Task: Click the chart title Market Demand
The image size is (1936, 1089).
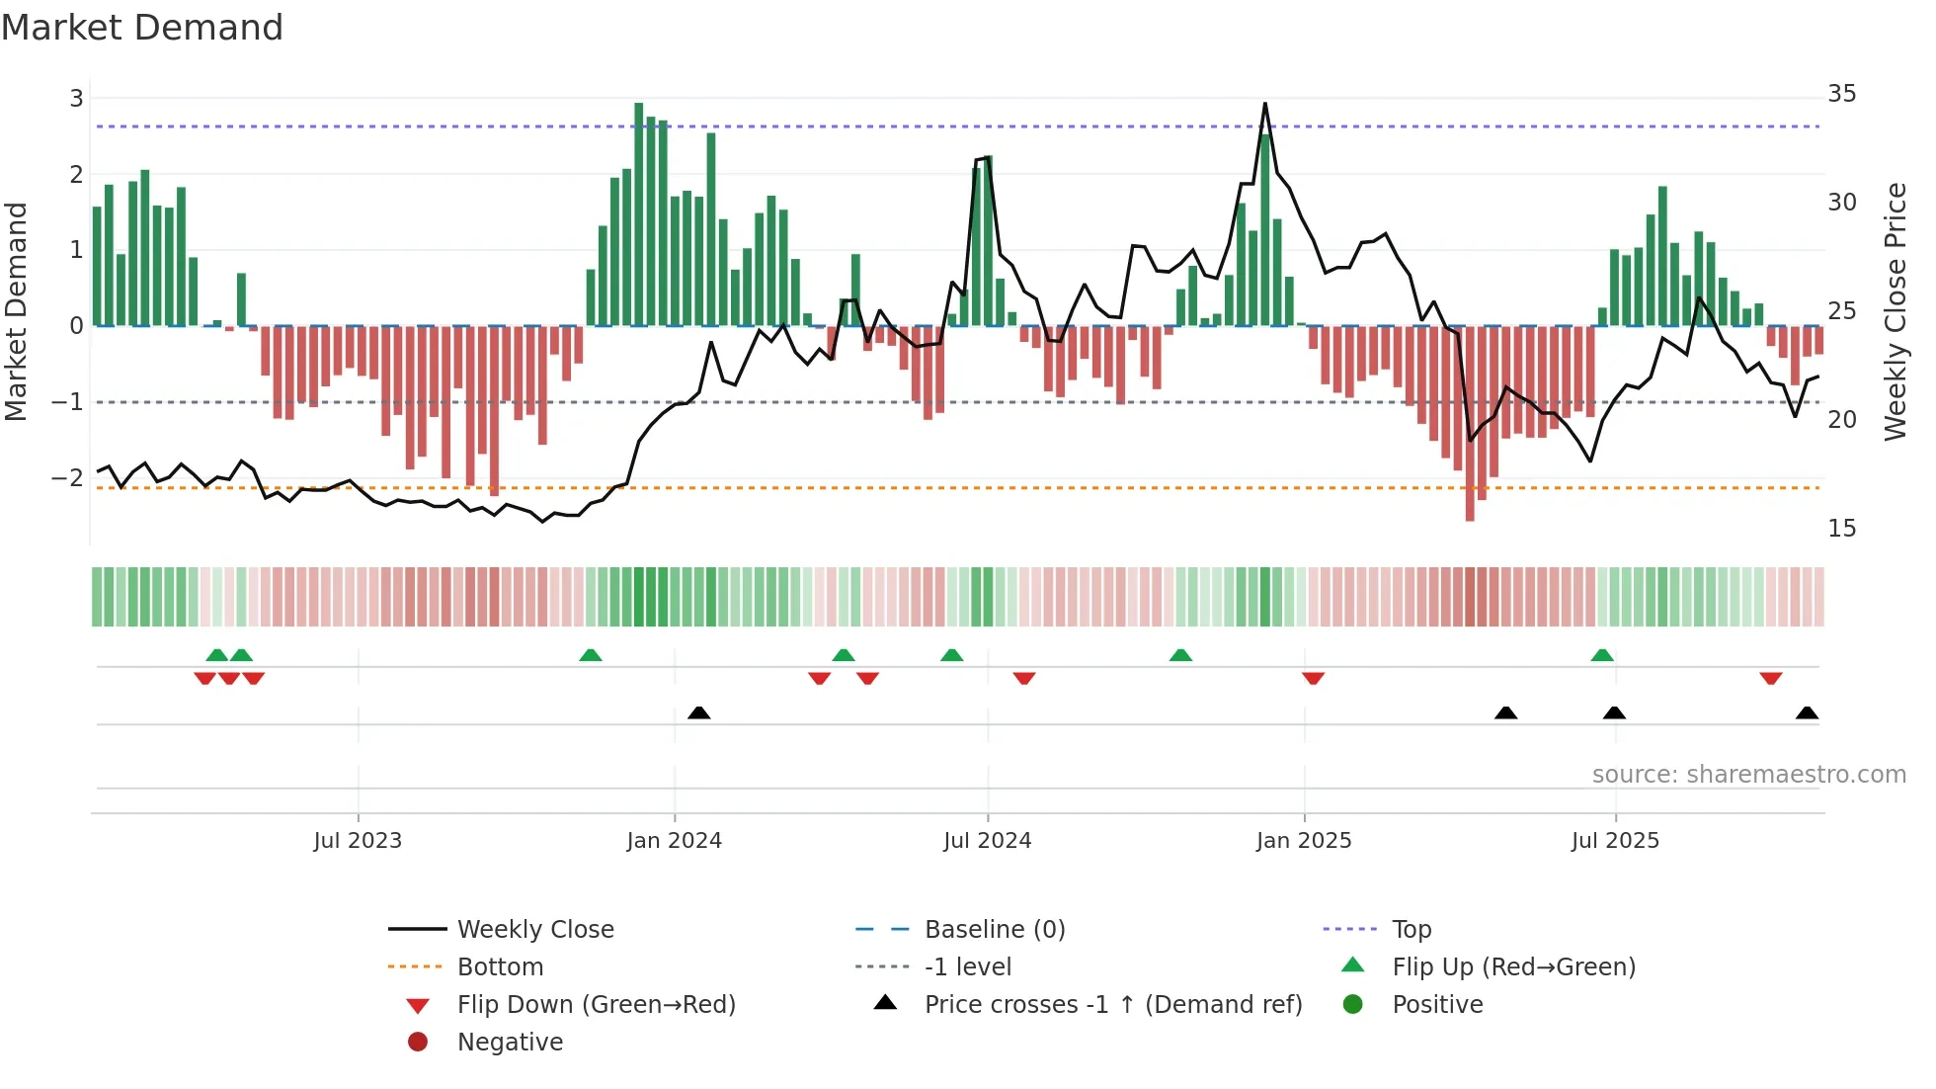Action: point(142,28)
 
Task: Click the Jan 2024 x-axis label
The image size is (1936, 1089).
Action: point(675,841)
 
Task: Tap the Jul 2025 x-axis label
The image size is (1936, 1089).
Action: point(1615,841)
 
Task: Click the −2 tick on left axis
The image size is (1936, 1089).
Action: point(68,478)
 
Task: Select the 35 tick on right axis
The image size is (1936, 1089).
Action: point(1841,94)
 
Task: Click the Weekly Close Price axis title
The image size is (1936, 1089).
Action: point(1895,311)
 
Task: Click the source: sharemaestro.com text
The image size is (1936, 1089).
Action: point(1748,775)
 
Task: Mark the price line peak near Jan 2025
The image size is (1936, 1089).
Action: point(1264,104)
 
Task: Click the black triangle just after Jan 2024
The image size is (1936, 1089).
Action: point(698,712)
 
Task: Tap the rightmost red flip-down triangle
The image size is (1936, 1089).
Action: point(1770,678)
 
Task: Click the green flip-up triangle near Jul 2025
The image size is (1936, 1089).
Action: point(1602,655)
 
